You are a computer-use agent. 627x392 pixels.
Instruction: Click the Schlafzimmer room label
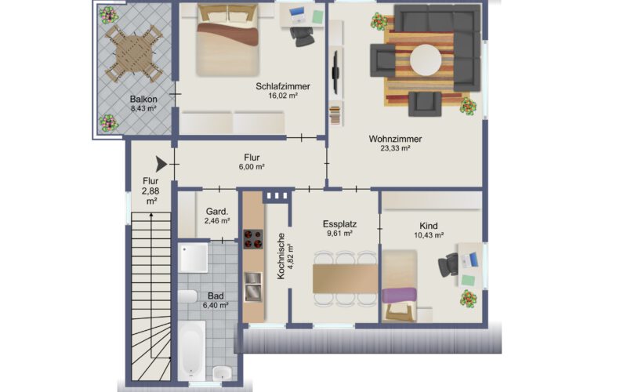click(x=283, y=86)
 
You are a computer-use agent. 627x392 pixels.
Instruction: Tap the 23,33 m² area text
click(x=395, y=148)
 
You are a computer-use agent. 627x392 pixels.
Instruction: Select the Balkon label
click(x=143, y=99)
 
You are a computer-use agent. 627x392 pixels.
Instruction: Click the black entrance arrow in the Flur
click(x=161, y=164)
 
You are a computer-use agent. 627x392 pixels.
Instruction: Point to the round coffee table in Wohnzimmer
click(x=426, y=60)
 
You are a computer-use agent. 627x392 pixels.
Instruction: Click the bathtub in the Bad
click(x=191, y=350)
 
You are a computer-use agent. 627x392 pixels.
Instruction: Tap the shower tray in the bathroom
click(x=193, y=258)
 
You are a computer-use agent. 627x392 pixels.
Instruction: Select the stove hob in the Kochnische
click(x=253, y=239)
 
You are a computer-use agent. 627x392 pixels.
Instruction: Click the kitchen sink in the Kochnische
click(x=253, y=286)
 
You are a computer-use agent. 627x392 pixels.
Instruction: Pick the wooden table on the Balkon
click(x=134, y=53)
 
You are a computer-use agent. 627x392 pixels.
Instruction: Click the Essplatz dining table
click(x=345, y=278)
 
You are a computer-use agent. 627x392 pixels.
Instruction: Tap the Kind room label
click(x=428, y=226)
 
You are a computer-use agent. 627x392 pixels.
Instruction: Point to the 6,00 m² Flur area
click(x=252, y=167)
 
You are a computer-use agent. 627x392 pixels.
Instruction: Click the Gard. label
click(x=217, y=211)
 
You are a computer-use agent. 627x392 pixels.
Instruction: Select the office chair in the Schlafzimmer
click(x=302, y=36)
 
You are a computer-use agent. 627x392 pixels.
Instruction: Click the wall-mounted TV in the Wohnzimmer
click(x=335, y=73)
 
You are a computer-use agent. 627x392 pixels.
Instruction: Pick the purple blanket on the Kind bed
click(x=399, y=295)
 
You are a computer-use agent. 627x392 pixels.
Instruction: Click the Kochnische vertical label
click(x=281, y=256)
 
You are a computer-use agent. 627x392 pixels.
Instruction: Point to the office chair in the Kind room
click(x=448, y=265)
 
